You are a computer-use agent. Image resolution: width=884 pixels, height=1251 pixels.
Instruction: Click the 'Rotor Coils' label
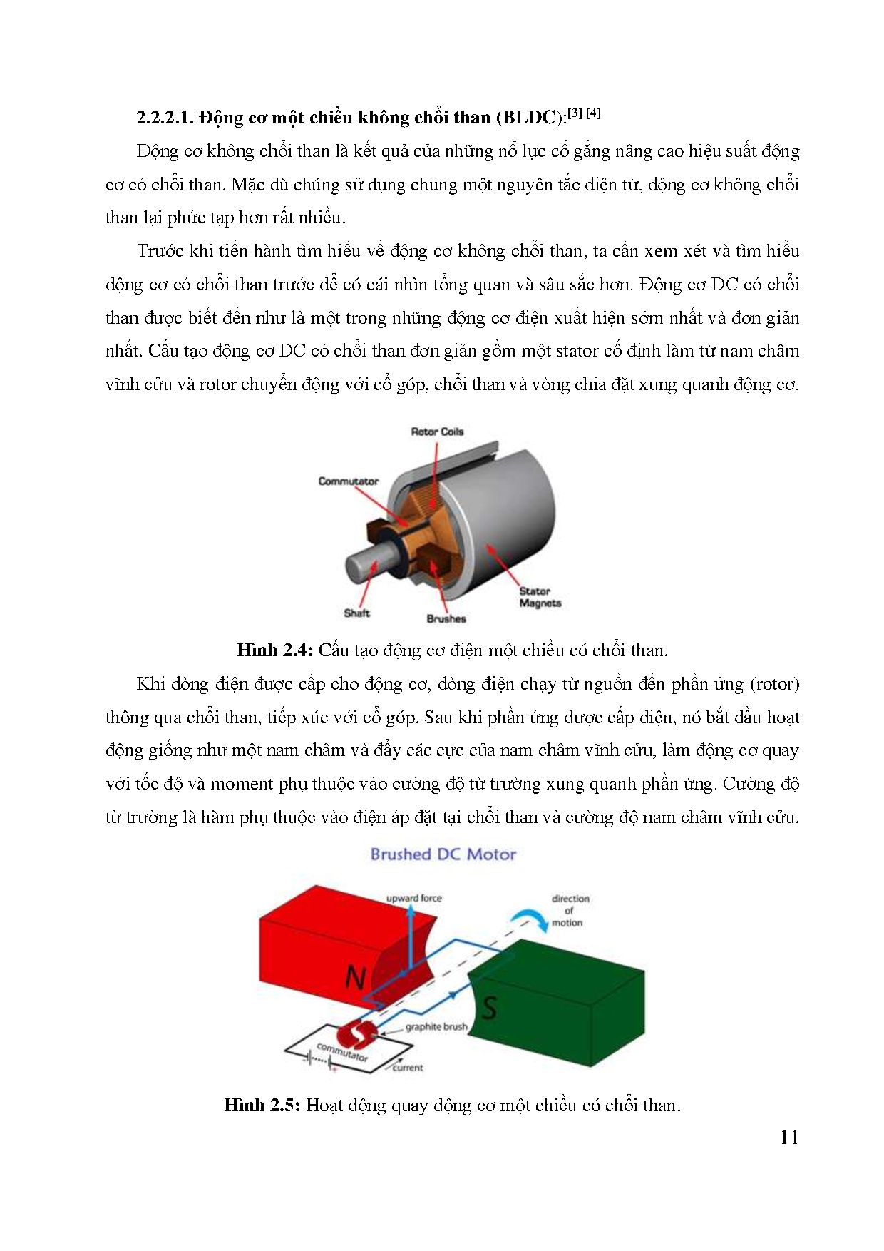click(437, 432)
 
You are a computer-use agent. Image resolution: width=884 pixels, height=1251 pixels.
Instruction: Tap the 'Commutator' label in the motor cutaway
click(348, 481)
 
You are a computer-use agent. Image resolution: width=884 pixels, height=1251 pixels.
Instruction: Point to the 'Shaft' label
click(356, 613)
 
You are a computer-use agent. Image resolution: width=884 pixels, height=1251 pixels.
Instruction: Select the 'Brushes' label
click(446, 618)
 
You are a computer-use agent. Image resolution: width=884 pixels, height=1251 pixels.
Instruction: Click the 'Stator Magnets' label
click(540, 597)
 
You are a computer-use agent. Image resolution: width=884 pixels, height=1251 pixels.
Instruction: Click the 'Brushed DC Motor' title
click(443, 854)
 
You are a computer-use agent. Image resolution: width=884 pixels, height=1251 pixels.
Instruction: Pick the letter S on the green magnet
click(489, 1008)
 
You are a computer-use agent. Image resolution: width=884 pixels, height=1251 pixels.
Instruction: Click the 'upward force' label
click(413, 898)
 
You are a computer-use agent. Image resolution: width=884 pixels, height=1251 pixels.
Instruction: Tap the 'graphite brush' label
click(436, 1027)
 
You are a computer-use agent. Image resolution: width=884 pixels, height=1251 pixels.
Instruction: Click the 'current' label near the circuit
click(408, 1068)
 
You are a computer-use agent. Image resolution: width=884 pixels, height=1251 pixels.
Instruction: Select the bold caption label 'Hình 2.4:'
click(275, 650)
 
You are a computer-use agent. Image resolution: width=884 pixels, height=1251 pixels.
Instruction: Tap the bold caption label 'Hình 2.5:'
click(262, 1106)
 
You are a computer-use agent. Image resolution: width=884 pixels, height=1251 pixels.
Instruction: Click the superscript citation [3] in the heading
click(575, 113)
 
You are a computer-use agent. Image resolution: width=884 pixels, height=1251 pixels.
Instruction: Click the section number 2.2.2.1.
click(165, 118)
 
